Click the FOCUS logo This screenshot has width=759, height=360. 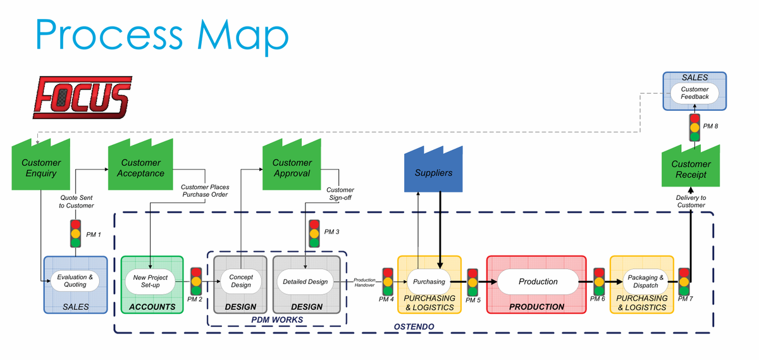[82, 97]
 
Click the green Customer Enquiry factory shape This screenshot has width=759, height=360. [42, 168]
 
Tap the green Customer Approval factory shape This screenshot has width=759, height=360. [292, 168]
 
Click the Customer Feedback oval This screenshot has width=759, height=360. [694, 94]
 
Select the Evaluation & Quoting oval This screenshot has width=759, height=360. [75, 281]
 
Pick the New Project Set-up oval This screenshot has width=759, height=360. [150, 282]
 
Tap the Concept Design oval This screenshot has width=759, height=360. [240, 282]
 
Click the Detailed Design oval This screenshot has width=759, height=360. [305, 282]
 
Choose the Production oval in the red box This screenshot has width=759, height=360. [538, 282]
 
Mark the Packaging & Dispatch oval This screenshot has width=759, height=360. [645, 282]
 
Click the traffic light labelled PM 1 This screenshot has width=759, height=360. [76, 233]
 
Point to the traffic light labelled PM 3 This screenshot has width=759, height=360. [314, 233]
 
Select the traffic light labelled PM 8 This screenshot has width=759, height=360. [695, 127]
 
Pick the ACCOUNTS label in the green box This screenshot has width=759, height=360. [152, 307]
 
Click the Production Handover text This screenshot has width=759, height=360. [364, 282]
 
